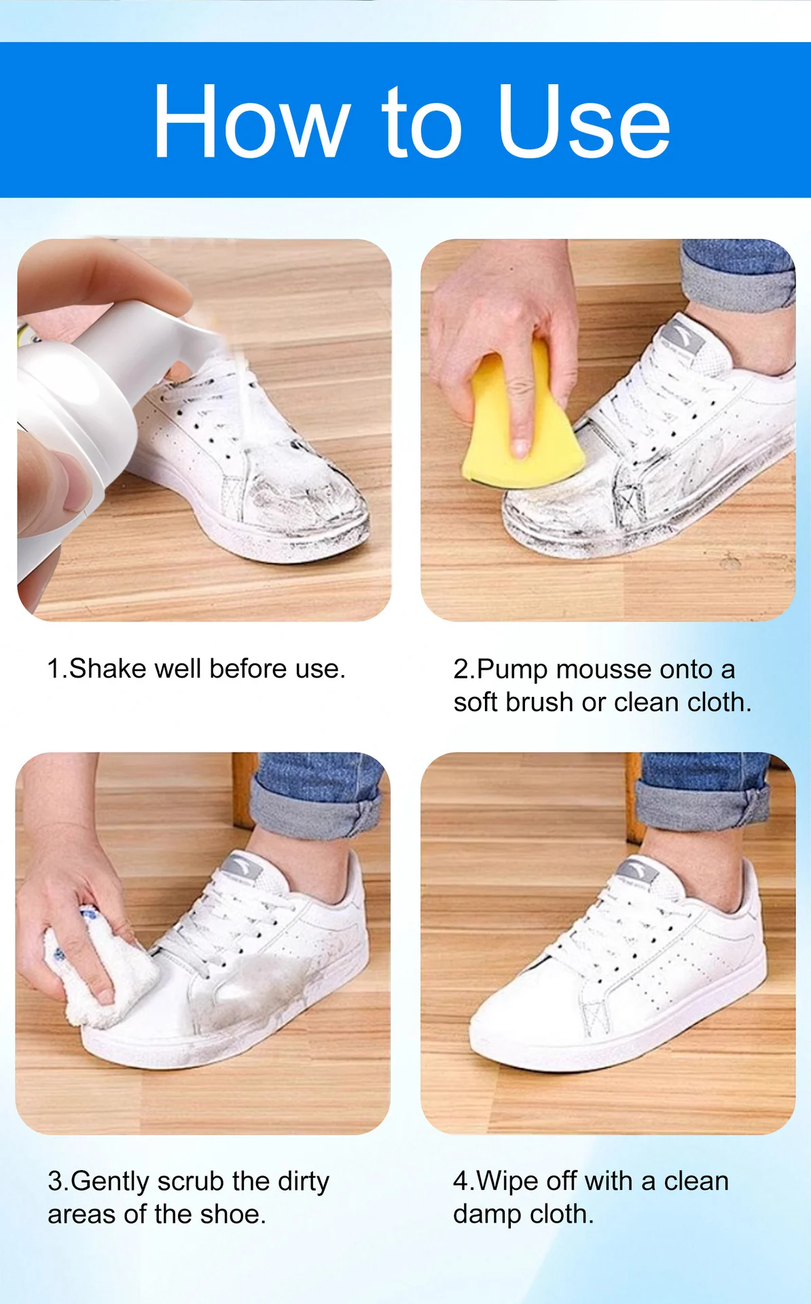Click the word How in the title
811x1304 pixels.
tap(251, 122)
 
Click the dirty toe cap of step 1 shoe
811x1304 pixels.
tap(306, 503)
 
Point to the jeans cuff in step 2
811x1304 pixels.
tap(737, 282)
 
